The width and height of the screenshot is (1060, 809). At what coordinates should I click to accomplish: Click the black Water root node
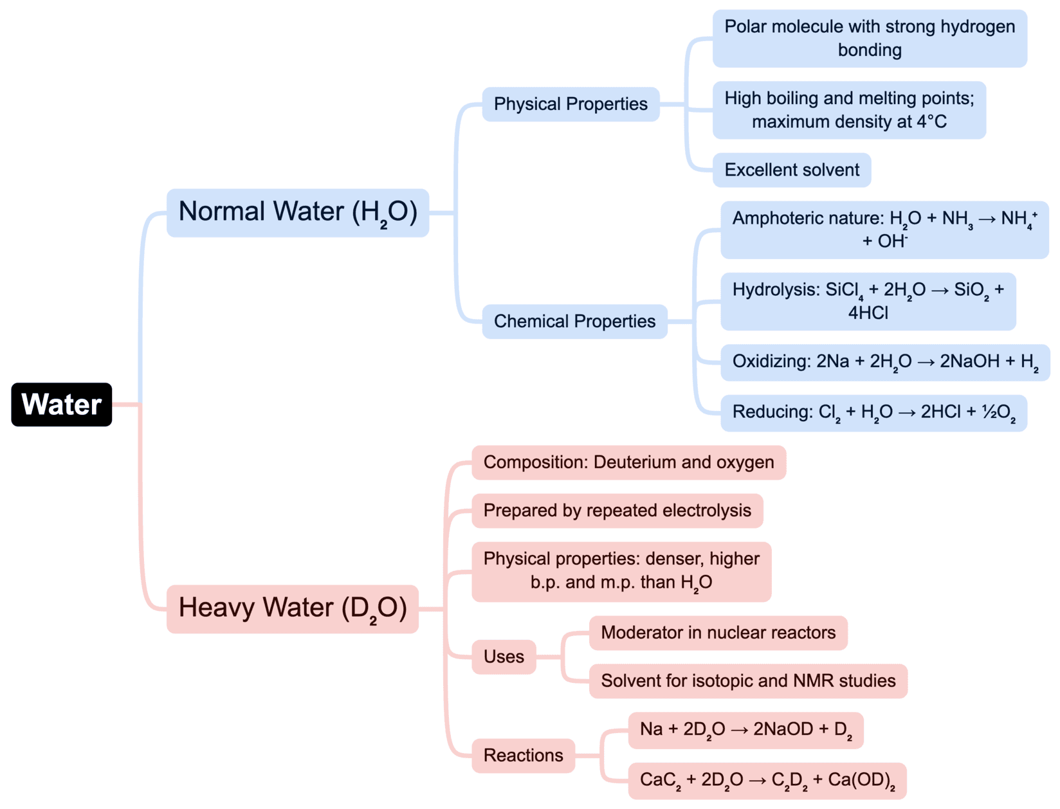[x=62, y=404]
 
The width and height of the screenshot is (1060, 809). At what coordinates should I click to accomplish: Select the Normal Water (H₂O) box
[x=297, y=213]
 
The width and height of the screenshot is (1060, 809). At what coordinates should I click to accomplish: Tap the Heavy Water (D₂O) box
[x=293, y=608]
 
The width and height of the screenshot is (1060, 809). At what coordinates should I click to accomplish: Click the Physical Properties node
[x=571, y=104]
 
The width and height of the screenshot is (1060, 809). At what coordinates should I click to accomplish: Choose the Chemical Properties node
[x=574, y=322]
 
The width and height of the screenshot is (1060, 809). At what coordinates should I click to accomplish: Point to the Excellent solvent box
[x=791, y=170]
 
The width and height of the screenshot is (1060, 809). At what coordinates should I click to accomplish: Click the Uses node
[x=504, y=657]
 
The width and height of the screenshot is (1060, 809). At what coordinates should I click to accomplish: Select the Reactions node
[x=523, y=756]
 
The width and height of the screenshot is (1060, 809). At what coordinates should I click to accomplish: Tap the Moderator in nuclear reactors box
[x=718, y=633]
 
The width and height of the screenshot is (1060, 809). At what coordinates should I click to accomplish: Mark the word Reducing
[x=771, y=412]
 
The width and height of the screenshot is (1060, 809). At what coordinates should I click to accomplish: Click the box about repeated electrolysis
[x=617, y=511]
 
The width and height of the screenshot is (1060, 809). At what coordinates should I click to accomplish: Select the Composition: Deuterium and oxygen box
[x=628, y=462]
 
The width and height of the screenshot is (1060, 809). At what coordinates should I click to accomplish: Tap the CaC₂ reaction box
[x=767, y=781]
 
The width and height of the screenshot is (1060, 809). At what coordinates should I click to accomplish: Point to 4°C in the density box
[x=929, y=122]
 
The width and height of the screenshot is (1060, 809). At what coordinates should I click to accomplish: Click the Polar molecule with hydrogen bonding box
[x=869, y=39]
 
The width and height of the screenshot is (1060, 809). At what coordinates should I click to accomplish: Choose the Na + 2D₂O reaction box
[x=745, y=730]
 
